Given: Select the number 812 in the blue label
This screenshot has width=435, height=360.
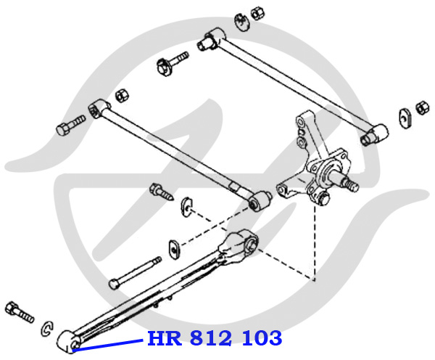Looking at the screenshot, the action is pos(211,338).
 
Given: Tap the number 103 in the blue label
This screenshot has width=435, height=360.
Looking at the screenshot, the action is pos(262,338).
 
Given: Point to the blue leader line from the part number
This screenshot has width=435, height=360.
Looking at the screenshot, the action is pos(108,345).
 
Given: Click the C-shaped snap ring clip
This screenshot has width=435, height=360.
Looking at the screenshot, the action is pos(47,329).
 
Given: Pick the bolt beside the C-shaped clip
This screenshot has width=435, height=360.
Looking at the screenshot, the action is pos(20,312).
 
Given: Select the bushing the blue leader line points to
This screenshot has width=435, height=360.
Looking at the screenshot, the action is pos(70,342).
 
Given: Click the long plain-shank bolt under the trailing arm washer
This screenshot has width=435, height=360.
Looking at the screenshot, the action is pos(135,273).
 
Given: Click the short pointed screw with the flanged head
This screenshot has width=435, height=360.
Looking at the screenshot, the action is pos(162,191).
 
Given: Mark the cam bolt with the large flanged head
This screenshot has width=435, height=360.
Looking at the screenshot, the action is pos(172,63).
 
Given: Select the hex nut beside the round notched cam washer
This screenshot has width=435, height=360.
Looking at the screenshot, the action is pos(257,13).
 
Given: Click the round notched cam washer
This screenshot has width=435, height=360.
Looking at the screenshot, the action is pos(243,22).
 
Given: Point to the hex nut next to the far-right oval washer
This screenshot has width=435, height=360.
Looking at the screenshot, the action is pos(423,108).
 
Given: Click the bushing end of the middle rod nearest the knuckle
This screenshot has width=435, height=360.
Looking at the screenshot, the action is pos(260,201).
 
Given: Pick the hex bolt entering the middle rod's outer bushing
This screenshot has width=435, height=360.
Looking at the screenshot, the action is pos(71,125).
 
